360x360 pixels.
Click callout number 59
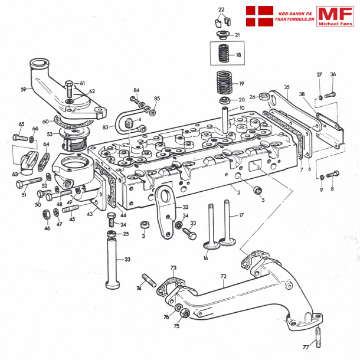point(24,90)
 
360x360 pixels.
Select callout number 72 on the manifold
point(223,276)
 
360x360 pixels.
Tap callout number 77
point(306,348)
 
